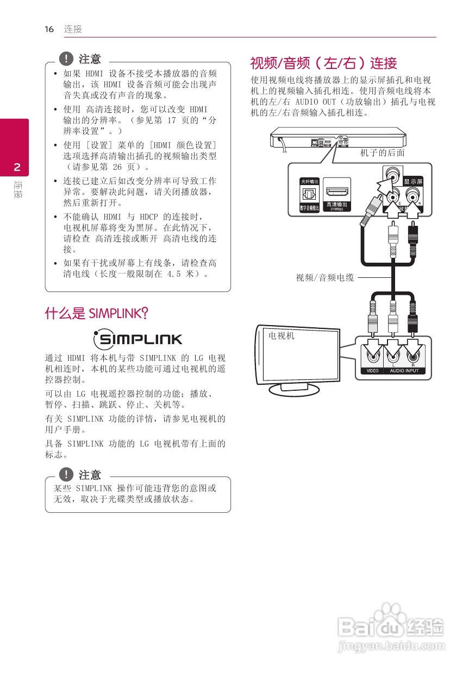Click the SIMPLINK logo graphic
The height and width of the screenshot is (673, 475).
[137, 340]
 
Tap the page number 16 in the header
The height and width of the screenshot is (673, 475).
[49, 29]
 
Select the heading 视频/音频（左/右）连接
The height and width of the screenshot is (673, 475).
[323, 64]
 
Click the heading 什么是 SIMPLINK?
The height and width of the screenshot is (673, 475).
[97, 313]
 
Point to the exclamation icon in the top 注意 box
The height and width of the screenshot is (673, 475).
[66, 58]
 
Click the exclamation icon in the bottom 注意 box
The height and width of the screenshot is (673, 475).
[66, 474]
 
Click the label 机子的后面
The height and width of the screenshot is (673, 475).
[383, 153]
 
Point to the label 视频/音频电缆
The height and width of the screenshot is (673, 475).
[324, 278]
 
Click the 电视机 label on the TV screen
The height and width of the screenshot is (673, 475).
[282, 336]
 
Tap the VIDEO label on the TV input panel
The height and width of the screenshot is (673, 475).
[372, 371]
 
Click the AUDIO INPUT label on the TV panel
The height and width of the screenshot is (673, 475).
[404, 371]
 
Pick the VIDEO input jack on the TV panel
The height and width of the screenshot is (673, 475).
[372, 357]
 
